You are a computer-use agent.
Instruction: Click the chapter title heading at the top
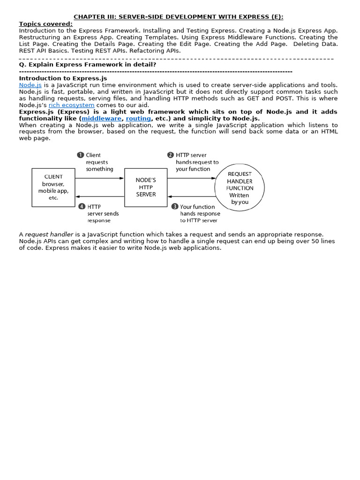click(179, 17)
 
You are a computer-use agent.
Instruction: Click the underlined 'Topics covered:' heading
click(45, 24)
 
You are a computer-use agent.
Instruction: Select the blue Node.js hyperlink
click(30, 85)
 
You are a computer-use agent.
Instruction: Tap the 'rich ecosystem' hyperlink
click(71, 105)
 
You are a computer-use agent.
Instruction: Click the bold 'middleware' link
click(101, 119)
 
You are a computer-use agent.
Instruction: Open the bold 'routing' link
click(138, 119)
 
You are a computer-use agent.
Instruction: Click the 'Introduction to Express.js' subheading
click(63, 78)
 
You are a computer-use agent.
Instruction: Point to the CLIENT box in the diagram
click(53, 187)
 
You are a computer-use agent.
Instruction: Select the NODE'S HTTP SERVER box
click(146, 187)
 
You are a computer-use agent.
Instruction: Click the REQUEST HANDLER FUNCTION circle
click(239, 187)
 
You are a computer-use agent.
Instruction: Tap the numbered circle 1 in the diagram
click(80, 155)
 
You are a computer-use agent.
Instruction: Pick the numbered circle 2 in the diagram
click(170, 155)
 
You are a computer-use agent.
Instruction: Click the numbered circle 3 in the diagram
click(174, 206)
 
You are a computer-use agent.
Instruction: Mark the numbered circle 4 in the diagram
click(82, 206)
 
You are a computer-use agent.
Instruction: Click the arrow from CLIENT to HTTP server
click(99, 178)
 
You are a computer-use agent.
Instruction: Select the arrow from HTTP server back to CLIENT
click(99, 197)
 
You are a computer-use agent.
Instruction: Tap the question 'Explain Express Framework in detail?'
click(87, 64)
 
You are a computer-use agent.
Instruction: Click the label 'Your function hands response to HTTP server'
click(200, 213)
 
